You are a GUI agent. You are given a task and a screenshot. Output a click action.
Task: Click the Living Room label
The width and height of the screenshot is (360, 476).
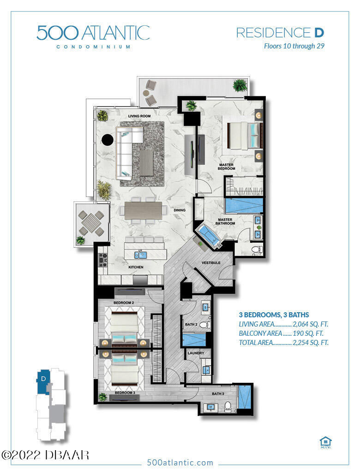[139, 116]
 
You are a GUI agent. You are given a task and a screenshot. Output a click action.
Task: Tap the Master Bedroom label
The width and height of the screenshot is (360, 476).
[226, 167]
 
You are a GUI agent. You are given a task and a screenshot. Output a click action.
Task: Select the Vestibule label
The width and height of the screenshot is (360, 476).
[211, 262]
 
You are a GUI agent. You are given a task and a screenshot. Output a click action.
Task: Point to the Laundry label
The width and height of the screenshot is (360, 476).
[196, 353]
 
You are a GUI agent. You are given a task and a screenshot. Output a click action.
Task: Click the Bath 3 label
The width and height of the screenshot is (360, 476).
[218, 394]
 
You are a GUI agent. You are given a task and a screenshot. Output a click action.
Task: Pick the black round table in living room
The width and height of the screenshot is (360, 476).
[107, 140]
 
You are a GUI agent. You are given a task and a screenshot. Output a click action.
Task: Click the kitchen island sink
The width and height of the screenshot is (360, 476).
[141, 255]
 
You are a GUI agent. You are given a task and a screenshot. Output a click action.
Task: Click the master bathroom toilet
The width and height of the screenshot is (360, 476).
[257, 250]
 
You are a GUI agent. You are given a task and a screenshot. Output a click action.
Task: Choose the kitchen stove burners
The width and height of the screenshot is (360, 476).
[103, 260]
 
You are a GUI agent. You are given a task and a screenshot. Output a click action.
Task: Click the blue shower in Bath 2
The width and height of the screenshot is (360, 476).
[194, 339]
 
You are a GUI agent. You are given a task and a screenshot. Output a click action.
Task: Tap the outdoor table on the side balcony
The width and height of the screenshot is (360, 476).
[91, 223]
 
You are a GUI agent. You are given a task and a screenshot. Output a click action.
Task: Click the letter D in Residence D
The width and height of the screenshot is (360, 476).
[319, 32]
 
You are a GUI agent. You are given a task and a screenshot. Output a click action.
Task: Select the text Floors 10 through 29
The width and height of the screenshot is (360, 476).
[294, 46]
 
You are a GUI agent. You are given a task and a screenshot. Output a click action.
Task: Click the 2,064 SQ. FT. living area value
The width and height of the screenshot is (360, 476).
[311, 324]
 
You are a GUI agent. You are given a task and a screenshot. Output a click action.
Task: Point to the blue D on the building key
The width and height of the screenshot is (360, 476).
[43, 379]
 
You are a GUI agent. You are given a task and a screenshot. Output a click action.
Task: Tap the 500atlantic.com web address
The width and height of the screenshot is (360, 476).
[180, 463]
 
